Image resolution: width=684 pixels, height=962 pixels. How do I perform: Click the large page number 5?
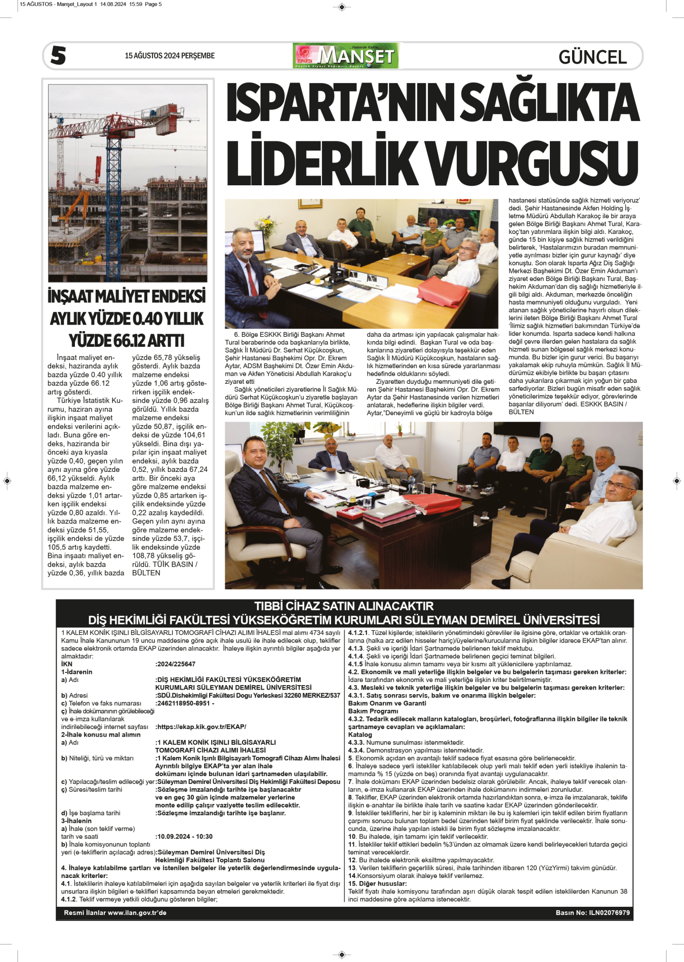pyautogui.click(x=58, y=55)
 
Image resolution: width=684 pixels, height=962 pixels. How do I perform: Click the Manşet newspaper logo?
pyautogui.click(x=346, y=56)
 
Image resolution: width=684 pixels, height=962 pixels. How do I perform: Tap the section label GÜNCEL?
pyautogui.click(x=592, y=57)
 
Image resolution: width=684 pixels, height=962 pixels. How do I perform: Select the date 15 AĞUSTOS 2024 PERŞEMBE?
pyautogui.click(x=170, y=56)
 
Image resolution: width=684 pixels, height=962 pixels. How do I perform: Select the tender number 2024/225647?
pyautogui.click(x=176, y=664)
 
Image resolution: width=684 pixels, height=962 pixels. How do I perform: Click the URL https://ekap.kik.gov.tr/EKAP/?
pyautogui.click(x=202, y=727)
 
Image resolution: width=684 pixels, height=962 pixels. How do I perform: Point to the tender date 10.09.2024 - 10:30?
pyautogui.click(x=185, y=836)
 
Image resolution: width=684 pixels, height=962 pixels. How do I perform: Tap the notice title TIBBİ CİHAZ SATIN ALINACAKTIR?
pyautogui.click(x=344, y=606)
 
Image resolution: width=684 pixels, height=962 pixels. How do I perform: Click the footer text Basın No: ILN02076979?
pyautogui.click(x=592, y=912)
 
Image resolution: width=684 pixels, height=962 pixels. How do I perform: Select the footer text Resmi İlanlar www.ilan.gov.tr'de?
pyautogui.click(x=115, y=912)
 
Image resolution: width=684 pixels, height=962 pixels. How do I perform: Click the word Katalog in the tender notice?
pyautogui.click(x=360, y=735)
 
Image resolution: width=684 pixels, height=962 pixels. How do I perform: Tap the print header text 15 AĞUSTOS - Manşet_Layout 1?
pyautogui.click(x=58, y=4)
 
